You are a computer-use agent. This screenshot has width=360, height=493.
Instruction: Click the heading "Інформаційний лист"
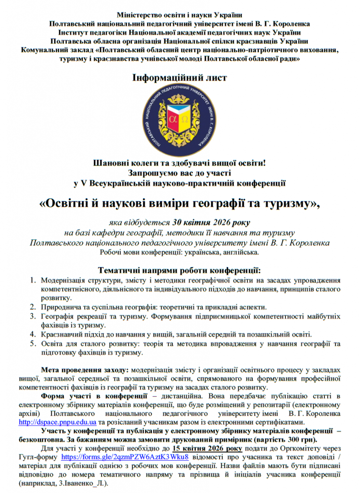click(180, 77)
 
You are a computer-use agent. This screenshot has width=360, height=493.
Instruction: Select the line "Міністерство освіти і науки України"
click(180, 14)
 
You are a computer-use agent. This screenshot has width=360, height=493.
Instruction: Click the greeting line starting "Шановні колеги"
click(180, 163)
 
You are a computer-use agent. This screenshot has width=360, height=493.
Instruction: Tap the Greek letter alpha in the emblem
click(173, 118)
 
